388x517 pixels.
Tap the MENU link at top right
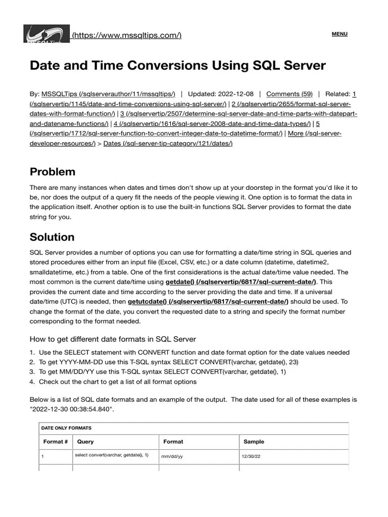click(x=339, y=34)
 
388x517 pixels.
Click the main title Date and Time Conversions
click(x=178, y=66)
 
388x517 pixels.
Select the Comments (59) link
click(x=289, y=94)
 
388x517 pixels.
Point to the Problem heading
click(x=53, y=172)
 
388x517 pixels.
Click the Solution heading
click(x=52, y=237)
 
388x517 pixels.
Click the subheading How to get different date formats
click(x=113, y=339)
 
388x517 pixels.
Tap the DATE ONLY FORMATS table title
click(x=66, y=428)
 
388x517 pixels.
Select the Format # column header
click(x=56, y=442)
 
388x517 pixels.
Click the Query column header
click(x=85, y=442)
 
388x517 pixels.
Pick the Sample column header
click(x=254, y=442)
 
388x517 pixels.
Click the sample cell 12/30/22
click(x=251, y=456)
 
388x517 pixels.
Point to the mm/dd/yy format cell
click(x=172, y=456)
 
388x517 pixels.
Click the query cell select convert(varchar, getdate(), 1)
click(x=112, y=455)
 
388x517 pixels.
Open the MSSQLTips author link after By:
click(x=108, y=94)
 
